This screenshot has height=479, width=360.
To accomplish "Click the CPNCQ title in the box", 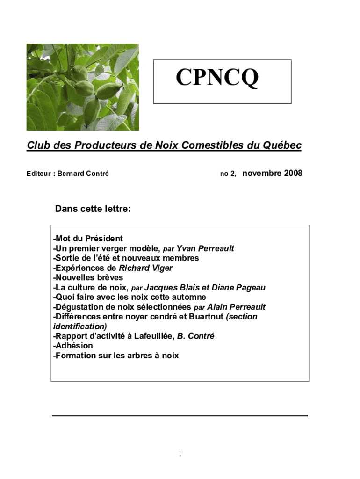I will click(217, 78).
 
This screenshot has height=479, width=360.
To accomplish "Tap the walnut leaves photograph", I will click(82, 87).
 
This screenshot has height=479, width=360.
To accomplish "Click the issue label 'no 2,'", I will click(228, 174).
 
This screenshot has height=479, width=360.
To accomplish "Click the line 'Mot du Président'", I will click(88, 239).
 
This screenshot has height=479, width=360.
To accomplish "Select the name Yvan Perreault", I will click(205, 248).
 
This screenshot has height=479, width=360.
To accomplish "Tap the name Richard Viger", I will click(145, 268).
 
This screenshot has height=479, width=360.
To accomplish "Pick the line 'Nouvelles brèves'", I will click(88, 278).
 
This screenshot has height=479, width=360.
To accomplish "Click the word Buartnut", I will click(206, 317).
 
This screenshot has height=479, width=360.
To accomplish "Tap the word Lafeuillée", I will click(152, 336).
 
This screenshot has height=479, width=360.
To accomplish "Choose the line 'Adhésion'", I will click(73, 346).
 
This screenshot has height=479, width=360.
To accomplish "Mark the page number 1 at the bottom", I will click(180, 453).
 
